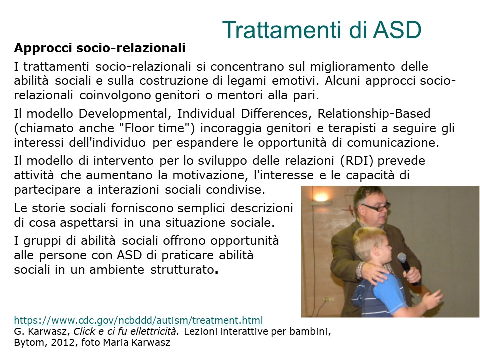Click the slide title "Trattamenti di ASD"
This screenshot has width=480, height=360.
(x=322, y=30)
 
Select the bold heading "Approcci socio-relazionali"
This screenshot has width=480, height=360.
(x=100, y=48)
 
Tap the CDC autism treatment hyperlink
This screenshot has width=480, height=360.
(x=138, y=320)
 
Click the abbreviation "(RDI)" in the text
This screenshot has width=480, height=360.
(x=356, y=161)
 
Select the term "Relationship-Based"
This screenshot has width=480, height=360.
(x=374, y=114)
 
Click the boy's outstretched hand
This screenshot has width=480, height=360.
(x=431, y=298)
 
